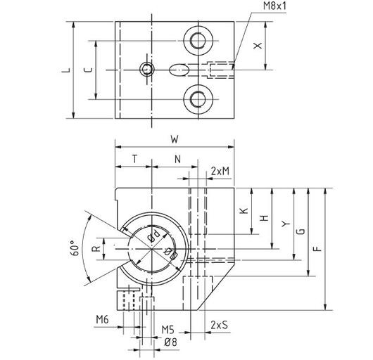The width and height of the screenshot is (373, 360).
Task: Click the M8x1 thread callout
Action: coord(274,6)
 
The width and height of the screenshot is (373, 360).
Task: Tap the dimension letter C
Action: coord(88,70)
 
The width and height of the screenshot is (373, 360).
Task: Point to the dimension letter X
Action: coord(258,46)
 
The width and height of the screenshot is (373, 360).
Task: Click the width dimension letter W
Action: coord(175,139)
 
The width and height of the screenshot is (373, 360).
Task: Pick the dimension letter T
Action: coord(135,159)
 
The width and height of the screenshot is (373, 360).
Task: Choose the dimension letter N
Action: coord(177,159)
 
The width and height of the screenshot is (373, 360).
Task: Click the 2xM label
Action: coord(220,171)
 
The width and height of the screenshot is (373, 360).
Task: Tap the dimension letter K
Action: coord(244,210)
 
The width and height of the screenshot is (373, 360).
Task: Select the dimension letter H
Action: coord(264,218)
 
